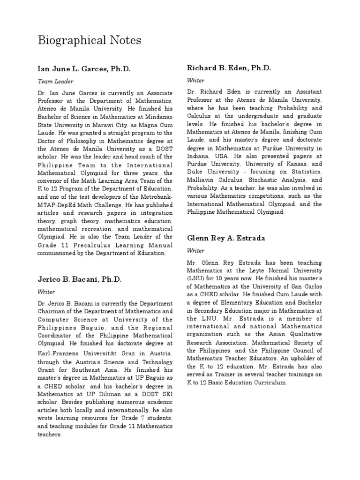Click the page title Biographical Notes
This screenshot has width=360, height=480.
click(x=89, y=41)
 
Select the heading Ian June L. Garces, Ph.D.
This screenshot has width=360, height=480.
click(x=84, y=69)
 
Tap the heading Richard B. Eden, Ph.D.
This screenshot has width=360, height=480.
click(x=229, y=68)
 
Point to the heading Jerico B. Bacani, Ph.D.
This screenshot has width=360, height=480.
click(x=79, y=279)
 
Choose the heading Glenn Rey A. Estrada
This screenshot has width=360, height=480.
click(x=225, y=238)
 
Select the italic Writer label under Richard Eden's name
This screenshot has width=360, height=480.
click(x=195, y=81)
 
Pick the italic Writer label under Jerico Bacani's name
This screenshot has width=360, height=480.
click(x=46, y=292)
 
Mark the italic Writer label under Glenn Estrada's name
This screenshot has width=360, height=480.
click(x=195, y=251)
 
